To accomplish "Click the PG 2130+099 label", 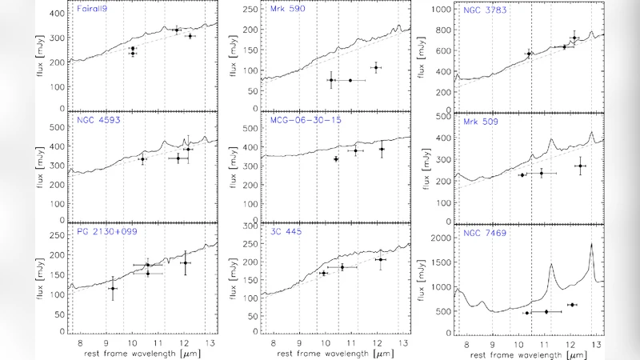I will [101, 233].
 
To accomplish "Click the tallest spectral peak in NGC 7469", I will [591, 244].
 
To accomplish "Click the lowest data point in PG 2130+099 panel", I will [113, 289].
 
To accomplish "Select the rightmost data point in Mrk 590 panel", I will [375, 68].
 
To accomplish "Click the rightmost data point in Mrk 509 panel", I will [580, 166].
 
